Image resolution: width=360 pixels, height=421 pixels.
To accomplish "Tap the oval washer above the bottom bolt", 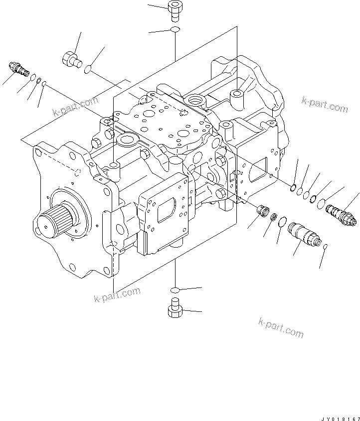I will (x=175, y=290).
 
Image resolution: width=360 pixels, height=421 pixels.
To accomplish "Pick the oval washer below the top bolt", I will (x=175, y=31).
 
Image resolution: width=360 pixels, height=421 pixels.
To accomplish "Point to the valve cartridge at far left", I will (x=18, y=69).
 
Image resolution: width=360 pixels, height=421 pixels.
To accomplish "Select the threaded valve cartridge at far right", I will (x=340, y=214).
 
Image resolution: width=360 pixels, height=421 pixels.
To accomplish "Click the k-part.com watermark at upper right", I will (x=325, y=105).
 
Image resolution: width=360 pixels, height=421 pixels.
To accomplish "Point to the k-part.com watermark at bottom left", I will (x=117, y=295).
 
